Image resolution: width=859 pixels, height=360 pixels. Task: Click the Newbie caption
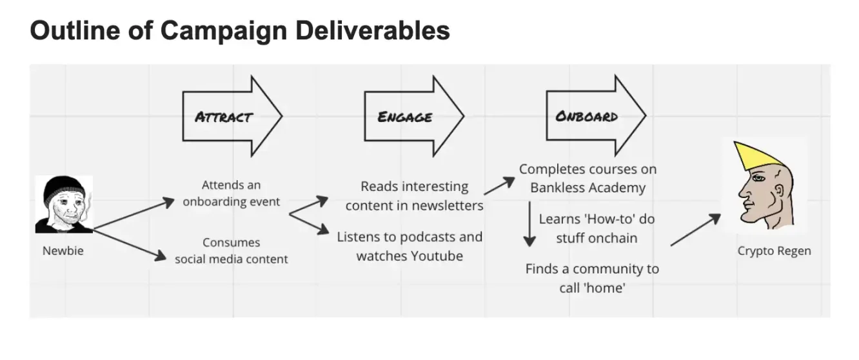click(x=63, y=251)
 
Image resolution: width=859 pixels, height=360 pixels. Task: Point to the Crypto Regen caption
click(x=774, y=251)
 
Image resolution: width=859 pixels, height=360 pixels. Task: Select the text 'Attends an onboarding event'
click(x=232, y=193)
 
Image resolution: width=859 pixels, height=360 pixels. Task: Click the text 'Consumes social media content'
click(x=232, y=251)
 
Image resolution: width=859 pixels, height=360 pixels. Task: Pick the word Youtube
click(x=437, y=256)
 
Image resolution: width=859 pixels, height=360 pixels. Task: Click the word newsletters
click(x=448, y=206)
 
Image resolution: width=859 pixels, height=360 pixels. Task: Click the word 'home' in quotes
click(x=606, y=288)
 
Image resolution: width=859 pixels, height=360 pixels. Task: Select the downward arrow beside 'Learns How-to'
click(x=529, y=224)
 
